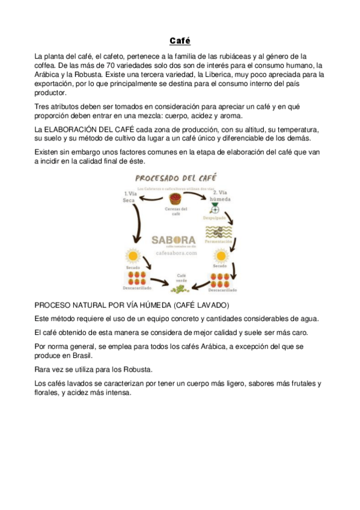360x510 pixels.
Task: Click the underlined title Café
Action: click(180, 41)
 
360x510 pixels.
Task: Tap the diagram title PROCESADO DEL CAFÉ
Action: click(176, 178)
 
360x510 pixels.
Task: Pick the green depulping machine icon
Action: click(215, 210)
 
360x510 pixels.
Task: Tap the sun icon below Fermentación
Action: click(220, 254)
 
